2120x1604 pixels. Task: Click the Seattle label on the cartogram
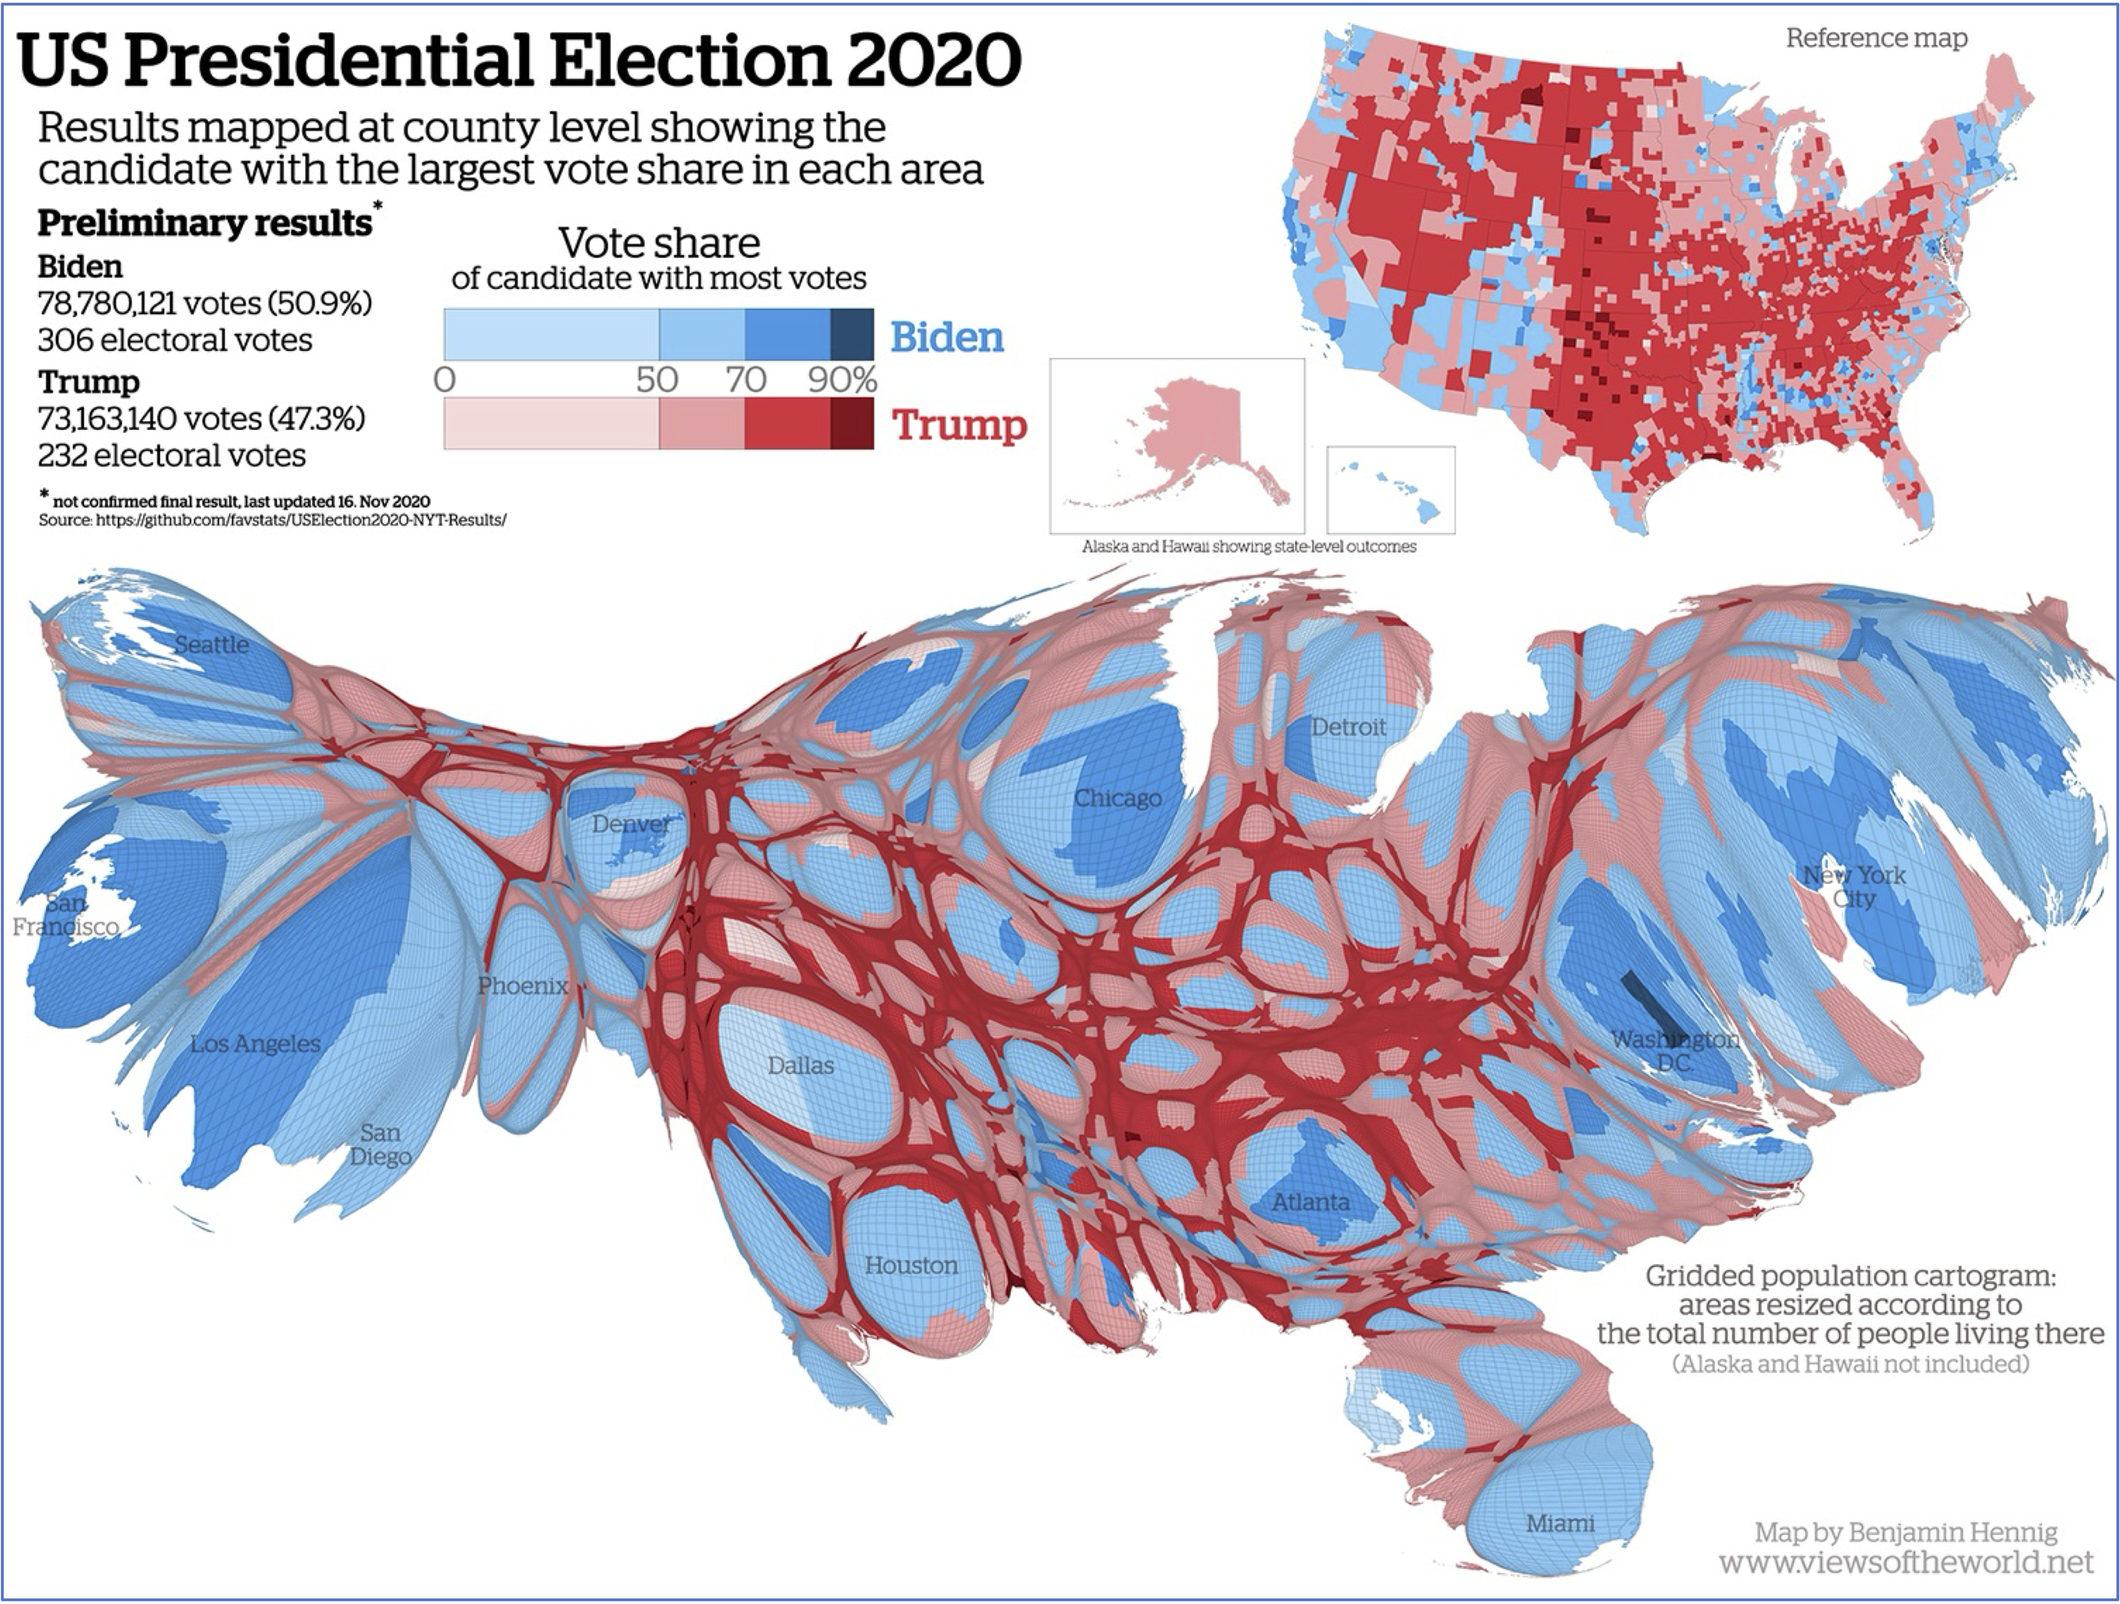coord(212,644)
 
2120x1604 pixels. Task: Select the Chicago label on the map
coord(1117,797)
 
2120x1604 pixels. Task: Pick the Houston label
coord(911,1265)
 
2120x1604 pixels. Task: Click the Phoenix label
coord(522,984)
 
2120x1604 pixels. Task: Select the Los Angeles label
coord(255,1043)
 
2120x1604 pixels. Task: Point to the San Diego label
coord(380,1144)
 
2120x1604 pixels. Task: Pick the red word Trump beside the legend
coord(959,425)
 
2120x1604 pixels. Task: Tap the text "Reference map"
coord(1876,39)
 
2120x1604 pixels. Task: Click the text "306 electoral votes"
coord(175,340)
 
